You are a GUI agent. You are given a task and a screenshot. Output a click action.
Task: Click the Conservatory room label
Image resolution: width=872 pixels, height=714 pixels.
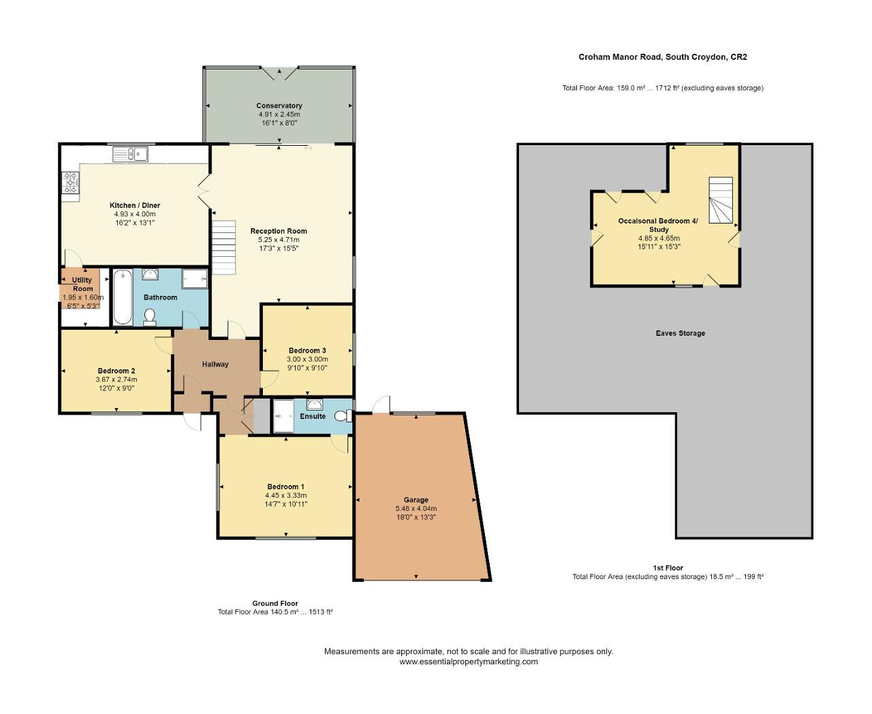click(279, 106)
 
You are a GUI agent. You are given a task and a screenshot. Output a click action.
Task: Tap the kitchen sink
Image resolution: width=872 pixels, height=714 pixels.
click(130, 155)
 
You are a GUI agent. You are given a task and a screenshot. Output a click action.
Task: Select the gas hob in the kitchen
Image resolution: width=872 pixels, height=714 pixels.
click(71, 183)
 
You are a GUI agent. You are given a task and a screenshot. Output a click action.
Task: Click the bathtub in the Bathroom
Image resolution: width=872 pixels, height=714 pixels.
click(123, 296)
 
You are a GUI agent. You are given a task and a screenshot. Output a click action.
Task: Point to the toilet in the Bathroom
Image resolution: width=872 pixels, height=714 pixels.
click(150, 317)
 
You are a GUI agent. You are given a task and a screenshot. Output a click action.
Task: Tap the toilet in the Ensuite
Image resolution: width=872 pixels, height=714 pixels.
click(343, 416)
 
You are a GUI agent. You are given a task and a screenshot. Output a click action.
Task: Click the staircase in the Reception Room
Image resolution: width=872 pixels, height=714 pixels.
click(224, 247)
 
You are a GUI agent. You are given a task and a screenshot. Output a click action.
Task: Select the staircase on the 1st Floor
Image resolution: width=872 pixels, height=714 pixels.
click(721, 200)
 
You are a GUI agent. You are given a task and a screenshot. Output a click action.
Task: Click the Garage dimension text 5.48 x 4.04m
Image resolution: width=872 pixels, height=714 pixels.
click(416, 508)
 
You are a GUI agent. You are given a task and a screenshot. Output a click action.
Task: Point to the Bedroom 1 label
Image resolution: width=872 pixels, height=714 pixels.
click(285, 486)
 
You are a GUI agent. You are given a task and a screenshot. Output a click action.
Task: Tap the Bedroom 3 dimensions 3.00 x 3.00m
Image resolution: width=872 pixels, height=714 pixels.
click(307, 359)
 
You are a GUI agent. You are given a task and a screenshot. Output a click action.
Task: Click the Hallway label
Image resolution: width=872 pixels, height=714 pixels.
click(215, 364)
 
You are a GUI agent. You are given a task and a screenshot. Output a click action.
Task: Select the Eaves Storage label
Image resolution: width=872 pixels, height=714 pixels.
click(680, 333)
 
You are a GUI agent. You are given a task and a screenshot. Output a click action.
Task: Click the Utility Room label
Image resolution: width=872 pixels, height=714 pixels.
click(82, 285)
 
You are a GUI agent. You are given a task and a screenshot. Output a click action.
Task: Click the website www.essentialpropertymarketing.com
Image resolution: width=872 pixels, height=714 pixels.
click(469, 662)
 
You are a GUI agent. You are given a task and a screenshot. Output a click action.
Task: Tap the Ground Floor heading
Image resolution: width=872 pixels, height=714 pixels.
click(275, 603)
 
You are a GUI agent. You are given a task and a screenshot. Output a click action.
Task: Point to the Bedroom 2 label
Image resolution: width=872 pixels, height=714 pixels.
click(116, 371)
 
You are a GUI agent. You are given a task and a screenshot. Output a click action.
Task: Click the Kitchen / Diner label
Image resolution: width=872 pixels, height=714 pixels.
click(135, 205)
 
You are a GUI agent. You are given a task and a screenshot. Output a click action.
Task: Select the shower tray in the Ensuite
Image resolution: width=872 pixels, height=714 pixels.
click(283, 416)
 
